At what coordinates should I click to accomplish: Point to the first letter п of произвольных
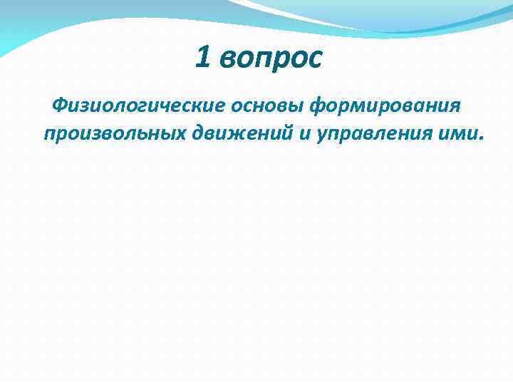click(50, 134)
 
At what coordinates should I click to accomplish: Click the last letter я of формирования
click(455, 107)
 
